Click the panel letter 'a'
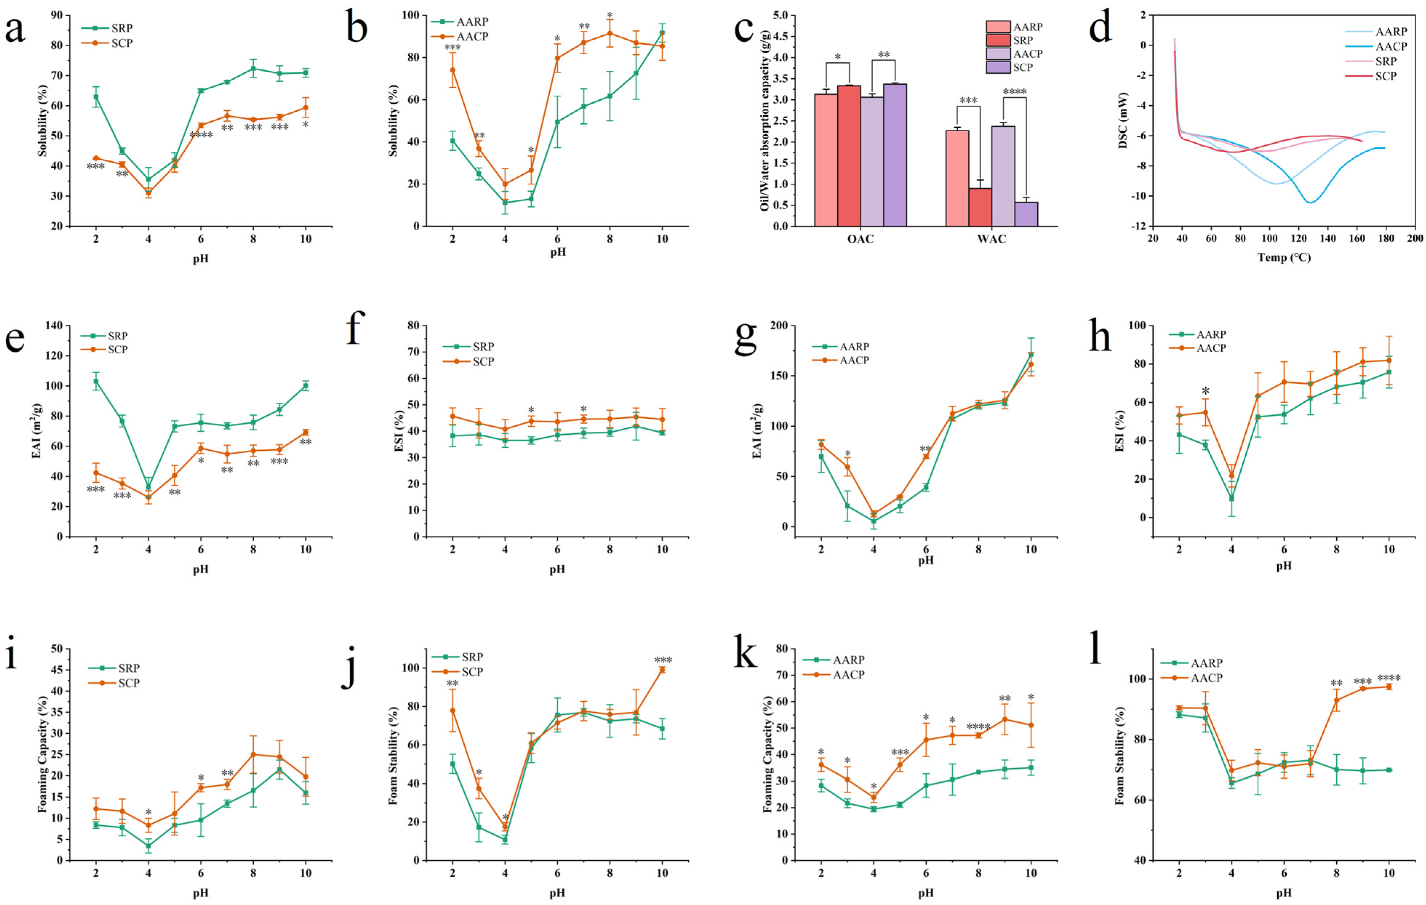tap(15, 29)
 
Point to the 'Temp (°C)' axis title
tap(1284, 258)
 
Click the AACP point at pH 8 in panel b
tap(609, 33)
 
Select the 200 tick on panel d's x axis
tap(1415, 239)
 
